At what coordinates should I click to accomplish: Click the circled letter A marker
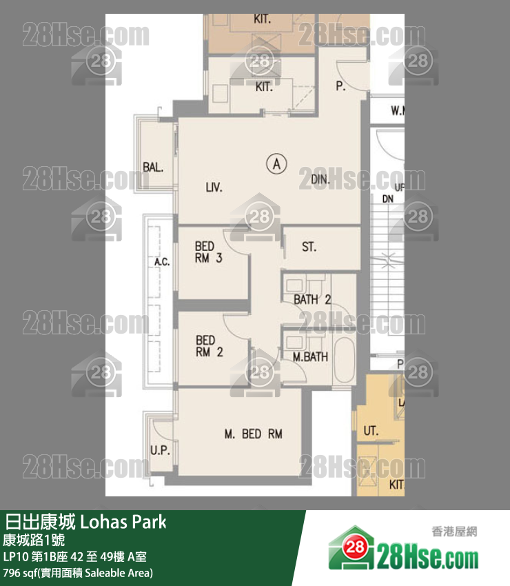[276, 164]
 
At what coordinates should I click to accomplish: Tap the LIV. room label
[214, 187]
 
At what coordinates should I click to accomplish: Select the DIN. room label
[321, 180]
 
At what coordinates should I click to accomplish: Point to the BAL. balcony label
[153, 166]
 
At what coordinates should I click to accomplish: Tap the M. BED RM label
[254, 434]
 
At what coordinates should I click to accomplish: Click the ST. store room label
[309, 247]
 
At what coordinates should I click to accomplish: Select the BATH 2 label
[313, 300]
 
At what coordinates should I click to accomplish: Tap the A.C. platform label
[162, 263]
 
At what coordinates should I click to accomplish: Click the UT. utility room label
[371, 432]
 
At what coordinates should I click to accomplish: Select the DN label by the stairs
[388, 198]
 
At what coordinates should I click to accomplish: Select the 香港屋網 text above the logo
[454, 532]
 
